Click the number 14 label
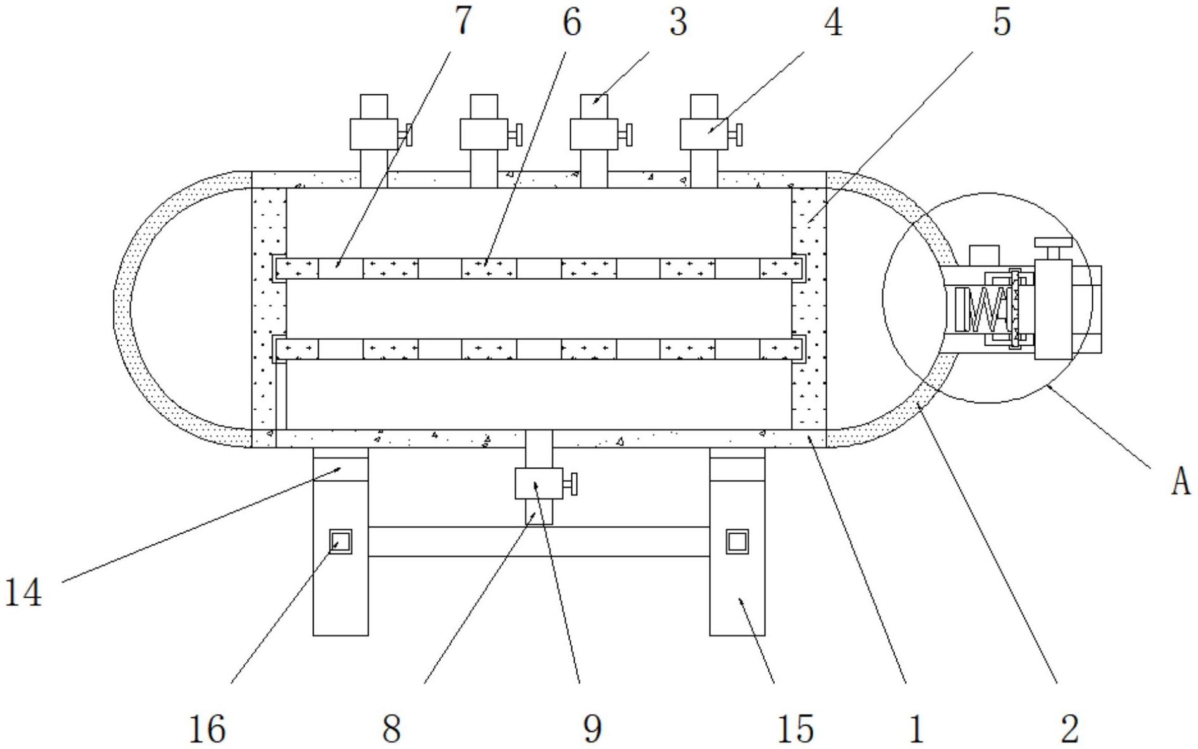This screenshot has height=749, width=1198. pyautogui.click(x=24, y=593)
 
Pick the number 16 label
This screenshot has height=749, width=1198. pyautogui.click(x=207, y=728)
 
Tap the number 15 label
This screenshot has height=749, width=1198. pyautogui.click(x=796, y=728)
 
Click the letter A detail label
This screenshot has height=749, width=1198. pyautogui.click(x=1180, y=483)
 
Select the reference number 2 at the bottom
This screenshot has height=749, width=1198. pyautogui.click(x=1069, y=728)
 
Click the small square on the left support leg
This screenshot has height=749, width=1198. pyautogui.click(x=341, y=542)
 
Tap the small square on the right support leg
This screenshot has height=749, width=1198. pyautogui.click(x=737, y=542)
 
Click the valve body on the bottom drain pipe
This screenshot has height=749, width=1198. pyautogui.click(x=538, y=484)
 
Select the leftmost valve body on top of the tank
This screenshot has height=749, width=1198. pyautogui.click(x=373, y=134)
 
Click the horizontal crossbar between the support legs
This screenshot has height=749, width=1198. pyautogui.click(x=538, y=542)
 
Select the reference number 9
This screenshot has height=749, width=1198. pyautogui.click(x=592, y=728)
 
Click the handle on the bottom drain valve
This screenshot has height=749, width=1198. pyautogui.click(x=571, y=484)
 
